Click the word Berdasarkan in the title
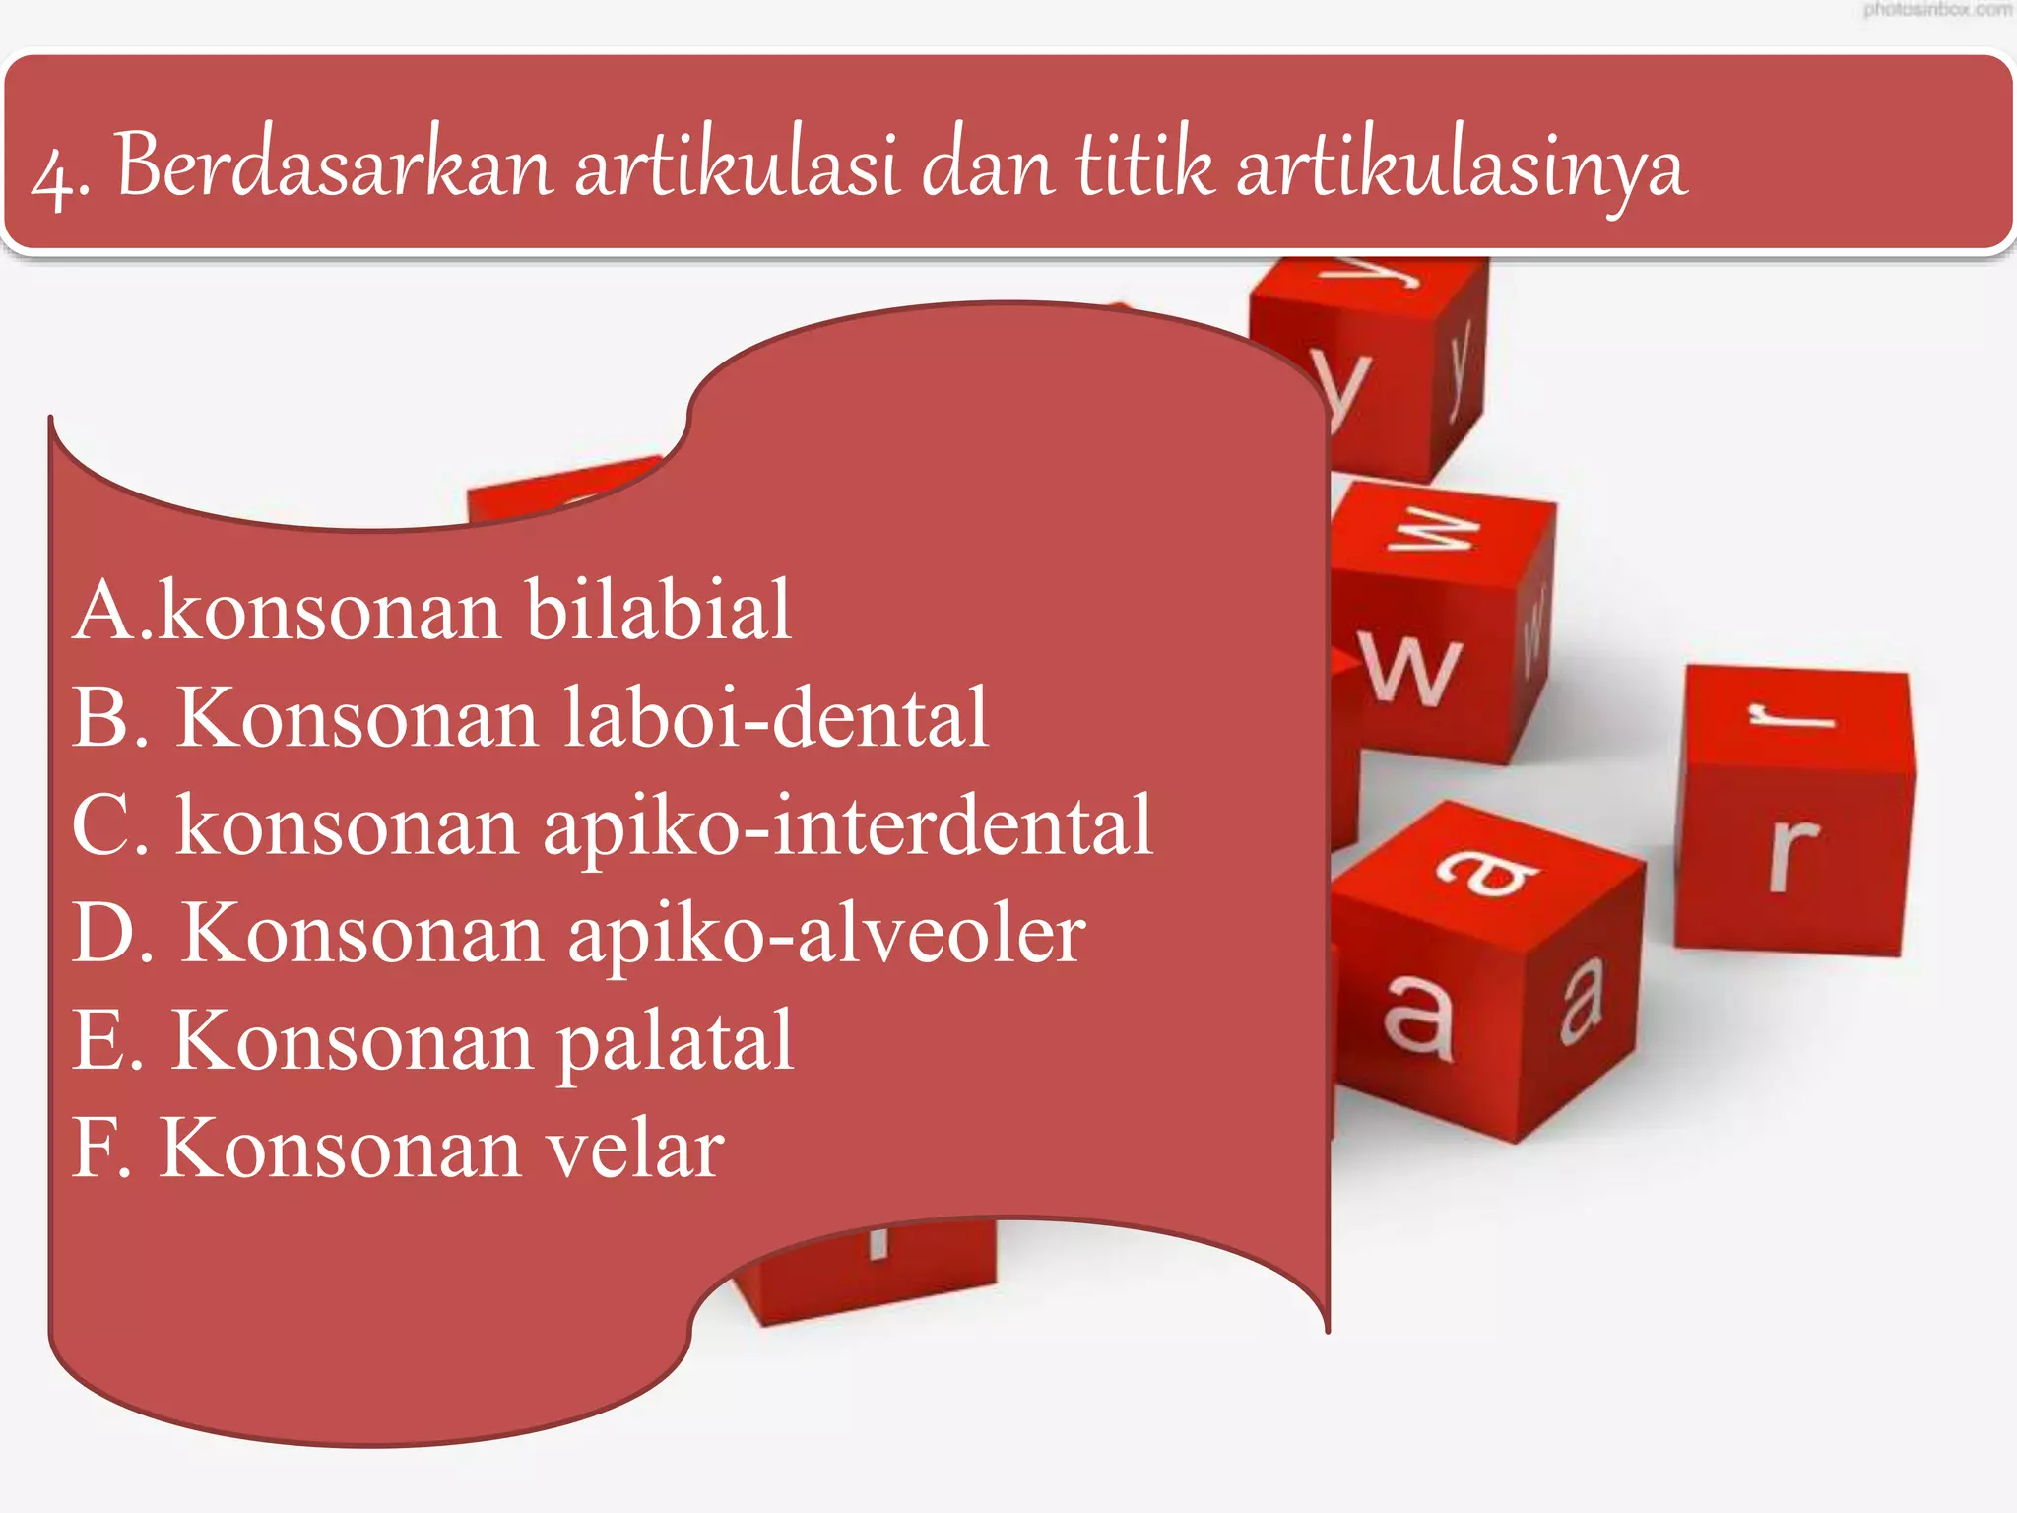click(x=334, y=165)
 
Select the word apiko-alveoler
click(x=826, y=933)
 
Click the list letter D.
click(x=104, y=933)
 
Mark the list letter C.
click(x=102, y=826)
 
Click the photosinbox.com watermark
click(x=1936, y=11)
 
